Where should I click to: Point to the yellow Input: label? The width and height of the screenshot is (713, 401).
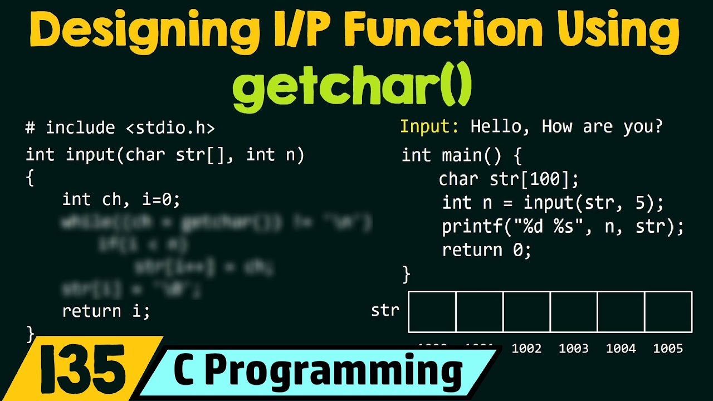tap(429, 127)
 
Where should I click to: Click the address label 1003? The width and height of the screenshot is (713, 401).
tap(574, 349)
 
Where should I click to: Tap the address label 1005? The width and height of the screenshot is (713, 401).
tap(668, 349)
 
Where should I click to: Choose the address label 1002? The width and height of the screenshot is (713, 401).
tap(526, 349)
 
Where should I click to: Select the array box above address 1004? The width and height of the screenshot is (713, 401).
tap(621, 311)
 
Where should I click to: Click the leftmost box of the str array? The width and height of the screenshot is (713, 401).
tap(432, 311)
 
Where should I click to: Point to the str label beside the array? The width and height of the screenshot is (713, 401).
tap(385, 310)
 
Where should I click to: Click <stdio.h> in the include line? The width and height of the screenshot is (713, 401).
tap(170, 128)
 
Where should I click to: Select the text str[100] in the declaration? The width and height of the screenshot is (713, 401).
tap(534, 179)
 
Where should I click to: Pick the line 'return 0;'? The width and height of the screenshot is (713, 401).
tap(487, 251)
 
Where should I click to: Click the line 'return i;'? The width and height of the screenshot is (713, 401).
tap(106, 311)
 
